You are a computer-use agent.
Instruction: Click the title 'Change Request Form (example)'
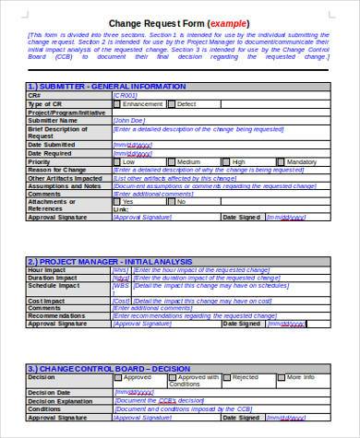point(179,23)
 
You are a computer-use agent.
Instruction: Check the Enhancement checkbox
point(117,103)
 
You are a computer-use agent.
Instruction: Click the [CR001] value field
point(126,94)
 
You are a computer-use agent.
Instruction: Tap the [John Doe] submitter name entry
point(129,119)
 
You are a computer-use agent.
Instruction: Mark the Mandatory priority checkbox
point(281,160)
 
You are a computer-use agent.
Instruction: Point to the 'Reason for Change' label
point(56,169)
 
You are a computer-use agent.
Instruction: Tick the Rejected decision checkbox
point(227,377)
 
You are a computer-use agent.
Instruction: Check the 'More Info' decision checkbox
point(282,377)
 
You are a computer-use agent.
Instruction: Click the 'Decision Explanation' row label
point(62,401)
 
